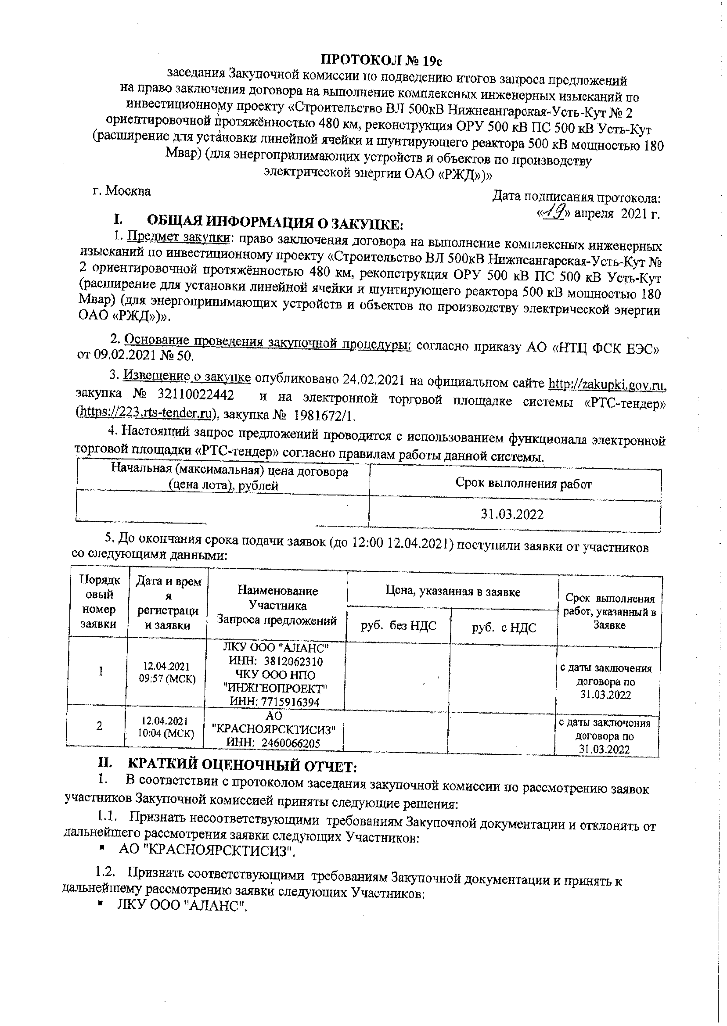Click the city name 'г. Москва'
122,191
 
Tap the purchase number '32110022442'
196,395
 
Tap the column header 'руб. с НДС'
504,628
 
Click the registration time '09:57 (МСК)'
167,678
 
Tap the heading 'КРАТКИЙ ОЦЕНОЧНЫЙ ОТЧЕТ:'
242,767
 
